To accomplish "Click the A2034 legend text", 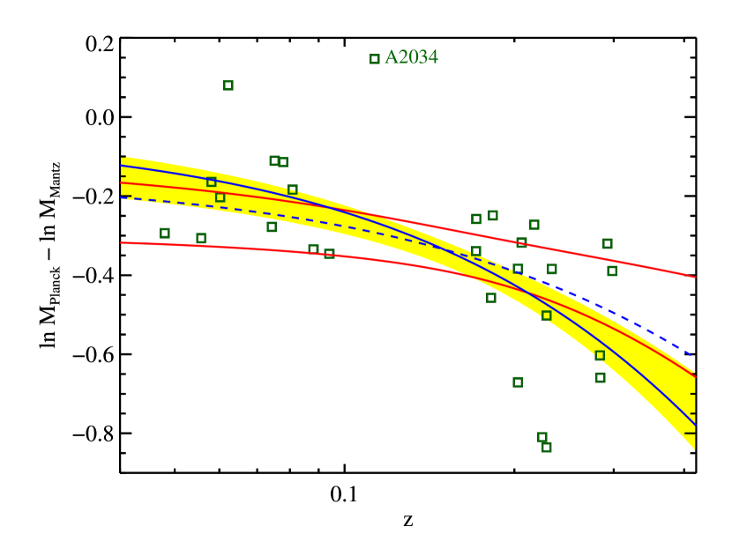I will pyautogui.click(x=412, y=57).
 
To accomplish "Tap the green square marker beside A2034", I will pyautogui.click(x=375, y=59).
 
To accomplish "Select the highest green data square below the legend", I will pyautogui.click(x=228, y=85).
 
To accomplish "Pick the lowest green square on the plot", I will pyautogui.click(x=547, y=448).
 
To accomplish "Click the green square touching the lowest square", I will pyautogui.click(x=542, y=437).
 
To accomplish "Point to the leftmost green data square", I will pyautogui.click(x=165, y=234).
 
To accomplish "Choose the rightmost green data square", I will pyautogui.click(x=612, y=271).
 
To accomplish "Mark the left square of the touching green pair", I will pyautogui.click(x=274, y=161).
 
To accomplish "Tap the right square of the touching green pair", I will pyautogui.click(x=283, y=162).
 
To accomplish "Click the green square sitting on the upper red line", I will pyautogui.click(x=521, y=242).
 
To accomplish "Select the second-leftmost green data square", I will pyautogui.click(x=201, y=238).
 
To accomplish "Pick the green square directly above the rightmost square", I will pyautogui.click(x=608, y=243).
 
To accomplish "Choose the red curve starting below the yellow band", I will pyautogui.click(x=265, y=249).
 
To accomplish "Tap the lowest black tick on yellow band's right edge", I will pyautogui.click(x=691, y=433).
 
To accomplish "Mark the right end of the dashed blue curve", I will pyautogui.click(x=693, y=357).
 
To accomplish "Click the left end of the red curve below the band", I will pyautogui.click(x=123, y=242).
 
